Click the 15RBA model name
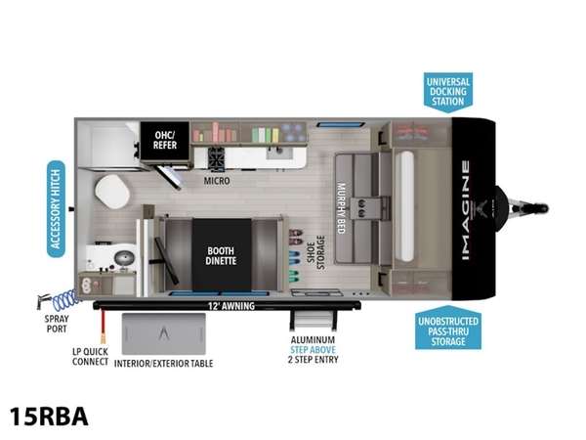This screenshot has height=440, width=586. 49,417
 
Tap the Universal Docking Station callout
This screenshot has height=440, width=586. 448,92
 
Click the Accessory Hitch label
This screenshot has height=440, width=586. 56,209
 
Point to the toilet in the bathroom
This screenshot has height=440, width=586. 111,192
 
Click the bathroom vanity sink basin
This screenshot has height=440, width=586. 124,257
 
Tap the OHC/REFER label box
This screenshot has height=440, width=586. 165,140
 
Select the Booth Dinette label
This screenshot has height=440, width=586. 222,255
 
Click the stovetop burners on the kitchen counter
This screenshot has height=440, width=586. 217,156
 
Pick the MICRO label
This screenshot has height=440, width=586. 217,181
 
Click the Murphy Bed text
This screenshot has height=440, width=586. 341,208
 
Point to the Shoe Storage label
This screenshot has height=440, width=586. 315,252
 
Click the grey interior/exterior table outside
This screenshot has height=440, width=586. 164,334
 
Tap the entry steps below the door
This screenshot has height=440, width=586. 314,320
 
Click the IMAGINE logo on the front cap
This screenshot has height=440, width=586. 466,210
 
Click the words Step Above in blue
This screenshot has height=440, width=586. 314,350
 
